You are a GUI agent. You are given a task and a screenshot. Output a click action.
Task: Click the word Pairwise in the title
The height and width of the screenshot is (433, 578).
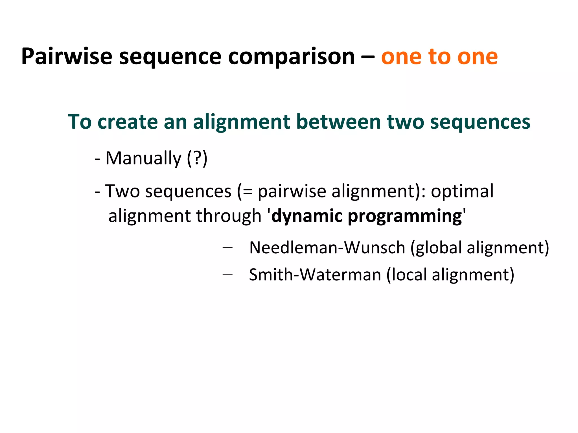click(x=67, y=57)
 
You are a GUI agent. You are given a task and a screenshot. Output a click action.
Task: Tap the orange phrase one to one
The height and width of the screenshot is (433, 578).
click(x=439, y=57)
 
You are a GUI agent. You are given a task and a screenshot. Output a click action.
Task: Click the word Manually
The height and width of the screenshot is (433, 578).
click(x=143, y=158)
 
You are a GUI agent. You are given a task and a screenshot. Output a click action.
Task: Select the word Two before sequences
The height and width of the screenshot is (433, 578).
click(x=122, y=191)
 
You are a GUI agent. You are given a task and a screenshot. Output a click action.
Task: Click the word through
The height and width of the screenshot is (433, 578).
click(x=229, y=216)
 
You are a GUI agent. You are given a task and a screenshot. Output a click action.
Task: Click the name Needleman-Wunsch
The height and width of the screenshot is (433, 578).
click(x=328, y=248)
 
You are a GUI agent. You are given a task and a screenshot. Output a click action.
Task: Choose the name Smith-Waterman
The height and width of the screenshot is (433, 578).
click(x=315, y=275)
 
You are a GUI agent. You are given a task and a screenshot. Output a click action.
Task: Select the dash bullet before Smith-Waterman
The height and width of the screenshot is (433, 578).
click(x=227, y=274)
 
